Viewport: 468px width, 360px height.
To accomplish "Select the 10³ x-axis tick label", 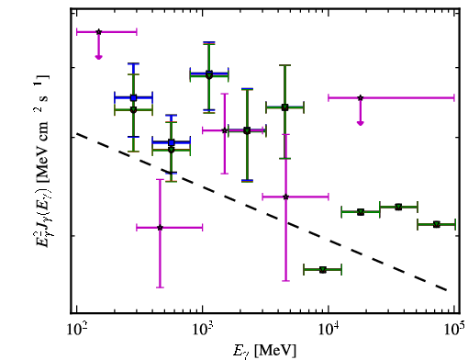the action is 203,330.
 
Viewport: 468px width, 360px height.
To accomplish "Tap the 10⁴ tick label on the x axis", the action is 329,330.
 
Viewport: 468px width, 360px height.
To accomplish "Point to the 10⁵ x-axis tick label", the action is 454,330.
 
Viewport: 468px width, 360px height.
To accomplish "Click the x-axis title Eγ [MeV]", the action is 264,351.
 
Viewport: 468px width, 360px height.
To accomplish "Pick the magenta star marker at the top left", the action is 98,32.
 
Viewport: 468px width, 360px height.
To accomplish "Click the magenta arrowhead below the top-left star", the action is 98,57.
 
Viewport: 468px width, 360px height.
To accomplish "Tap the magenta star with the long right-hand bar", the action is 361,98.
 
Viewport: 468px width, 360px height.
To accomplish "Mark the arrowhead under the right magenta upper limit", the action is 361,123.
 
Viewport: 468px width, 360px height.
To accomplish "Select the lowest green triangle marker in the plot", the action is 323,270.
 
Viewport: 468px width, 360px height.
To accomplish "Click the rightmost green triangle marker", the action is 437,224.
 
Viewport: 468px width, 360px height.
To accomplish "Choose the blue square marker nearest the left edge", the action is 133,98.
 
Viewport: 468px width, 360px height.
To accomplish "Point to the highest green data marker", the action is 209,75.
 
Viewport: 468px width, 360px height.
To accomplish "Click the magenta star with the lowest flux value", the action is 160,228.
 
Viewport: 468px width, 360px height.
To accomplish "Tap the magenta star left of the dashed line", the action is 160,228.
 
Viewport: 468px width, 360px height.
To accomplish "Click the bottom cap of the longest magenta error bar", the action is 285,280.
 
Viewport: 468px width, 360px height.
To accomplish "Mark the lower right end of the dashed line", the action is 447,289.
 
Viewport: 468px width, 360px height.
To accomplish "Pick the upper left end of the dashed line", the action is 77,133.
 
